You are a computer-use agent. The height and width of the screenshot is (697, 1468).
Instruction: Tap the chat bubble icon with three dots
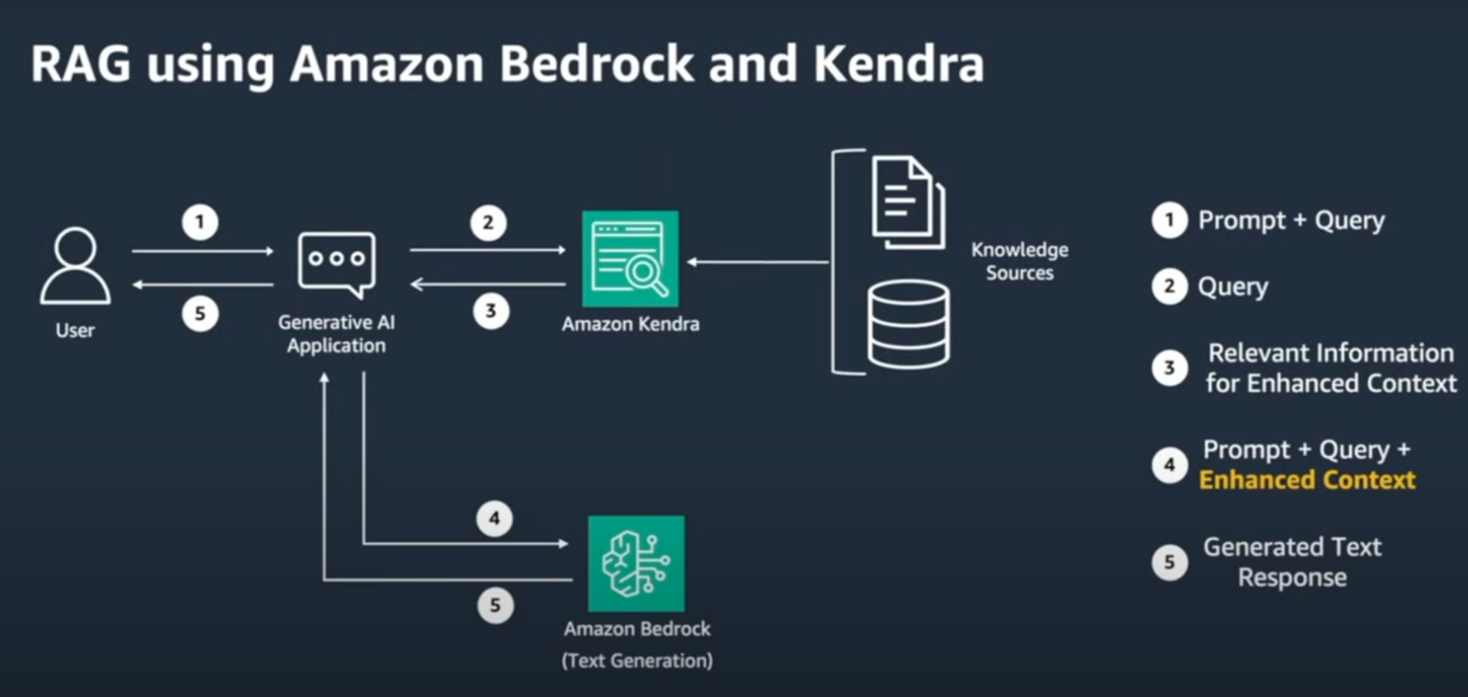337,263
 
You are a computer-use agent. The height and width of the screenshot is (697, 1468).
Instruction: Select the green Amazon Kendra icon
630,258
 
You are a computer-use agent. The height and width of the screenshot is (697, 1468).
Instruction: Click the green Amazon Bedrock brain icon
636,563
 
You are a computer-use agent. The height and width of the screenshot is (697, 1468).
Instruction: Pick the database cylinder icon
909,324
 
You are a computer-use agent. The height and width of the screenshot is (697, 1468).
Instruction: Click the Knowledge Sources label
1019,261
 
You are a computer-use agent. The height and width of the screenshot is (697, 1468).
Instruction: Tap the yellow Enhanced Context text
1307,480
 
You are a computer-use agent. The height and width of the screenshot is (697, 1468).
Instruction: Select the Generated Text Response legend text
1292,562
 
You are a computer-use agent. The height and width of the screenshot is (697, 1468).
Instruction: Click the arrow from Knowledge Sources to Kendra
758,262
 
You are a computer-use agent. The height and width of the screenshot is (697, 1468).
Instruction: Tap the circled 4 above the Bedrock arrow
495,519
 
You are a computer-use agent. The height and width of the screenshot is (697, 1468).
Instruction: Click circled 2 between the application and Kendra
488,223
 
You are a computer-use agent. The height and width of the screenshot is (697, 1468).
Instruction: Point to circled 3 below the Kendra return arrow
491,311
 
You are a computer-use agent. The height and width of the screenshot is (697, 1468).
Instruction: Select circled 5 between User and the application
200,314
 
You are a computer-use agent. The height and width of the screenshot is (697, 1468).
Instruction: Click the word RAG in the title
81,64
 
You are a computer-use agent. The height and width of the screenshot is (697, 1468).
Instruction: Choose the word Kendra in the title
898,64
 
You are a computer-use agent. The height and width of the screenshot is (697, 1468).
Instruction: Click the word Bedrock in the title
597,64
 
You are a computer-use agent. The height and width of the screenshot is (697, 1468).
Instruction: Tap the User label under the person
75,330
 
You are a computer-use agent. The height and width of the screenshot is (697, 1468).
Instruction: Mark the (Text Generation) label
637,661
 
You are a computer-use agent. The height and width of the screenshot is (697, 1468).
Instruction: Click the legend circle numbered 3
1169,368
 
